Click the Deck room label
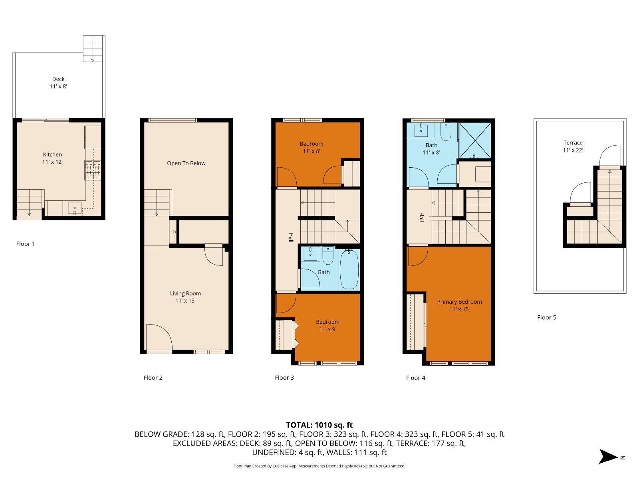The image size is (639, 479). (x=58, y=83)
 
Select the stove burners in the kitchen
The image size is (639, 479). (x=93, y=170)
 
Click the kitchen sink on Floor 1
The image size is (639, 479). (x=75, y=208)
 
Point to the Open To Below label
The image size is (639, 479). (x=186, y=163)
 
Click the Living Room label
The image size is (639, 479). (x=185, y=297)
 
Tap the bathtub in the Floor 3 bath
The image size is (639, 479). (x=349, y=269)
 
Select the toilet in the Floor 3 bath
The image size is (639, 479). (x=328, y=255)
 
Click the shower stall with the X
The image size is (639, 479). (x=475, y=141)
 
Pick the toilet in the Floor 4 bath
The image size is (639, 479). (x=446, y=132)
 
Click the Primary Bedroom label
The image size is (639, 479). (x=459, y=305)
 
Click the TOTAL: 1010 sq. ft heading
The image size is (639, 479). (x=319, y=425)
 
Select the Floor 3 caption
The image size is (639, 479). (x=284, y=378)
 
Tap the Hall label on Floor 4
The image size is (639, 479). (x=421, y=217)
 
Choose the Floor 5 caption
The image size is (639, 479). (x=547, y=318)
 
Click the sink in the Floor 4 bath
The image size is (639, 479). (x=421, y=129)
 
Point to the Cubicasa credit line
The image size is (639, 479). (x=319, y=466)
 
